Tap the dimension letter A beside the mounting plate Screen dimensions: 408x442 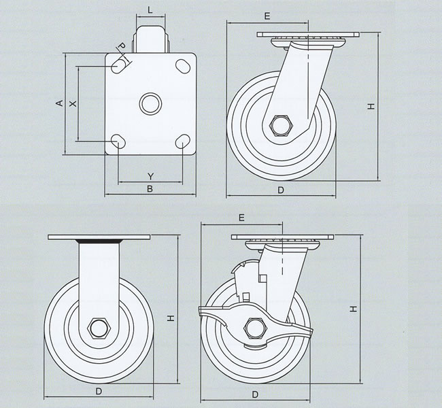[x=59, y=103]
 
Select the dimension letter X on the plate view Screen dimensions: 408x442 [x=73, y=103]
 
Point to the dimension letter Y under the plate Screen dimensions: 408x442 [x=150, y=176]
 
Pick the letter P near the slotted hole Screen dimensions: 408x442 [x=120, y=46]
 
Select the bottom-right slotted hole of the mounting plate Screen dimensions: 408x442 [x=182, y=141]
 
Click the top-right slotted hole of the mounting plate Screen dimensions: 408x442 [x=182, y=66]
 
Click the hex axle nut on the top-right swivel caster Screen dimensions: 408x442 [x=281, y=126]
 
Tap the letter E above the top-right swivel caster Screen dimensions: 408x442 [x=267, y=15]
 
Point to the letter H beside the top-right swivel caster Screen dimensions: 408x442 [x=371, y=106]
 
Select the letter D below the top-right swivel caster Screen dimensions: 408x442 [x=281, y=190]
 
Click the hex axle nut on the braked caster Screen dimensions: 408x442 [x=257, y=328]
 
